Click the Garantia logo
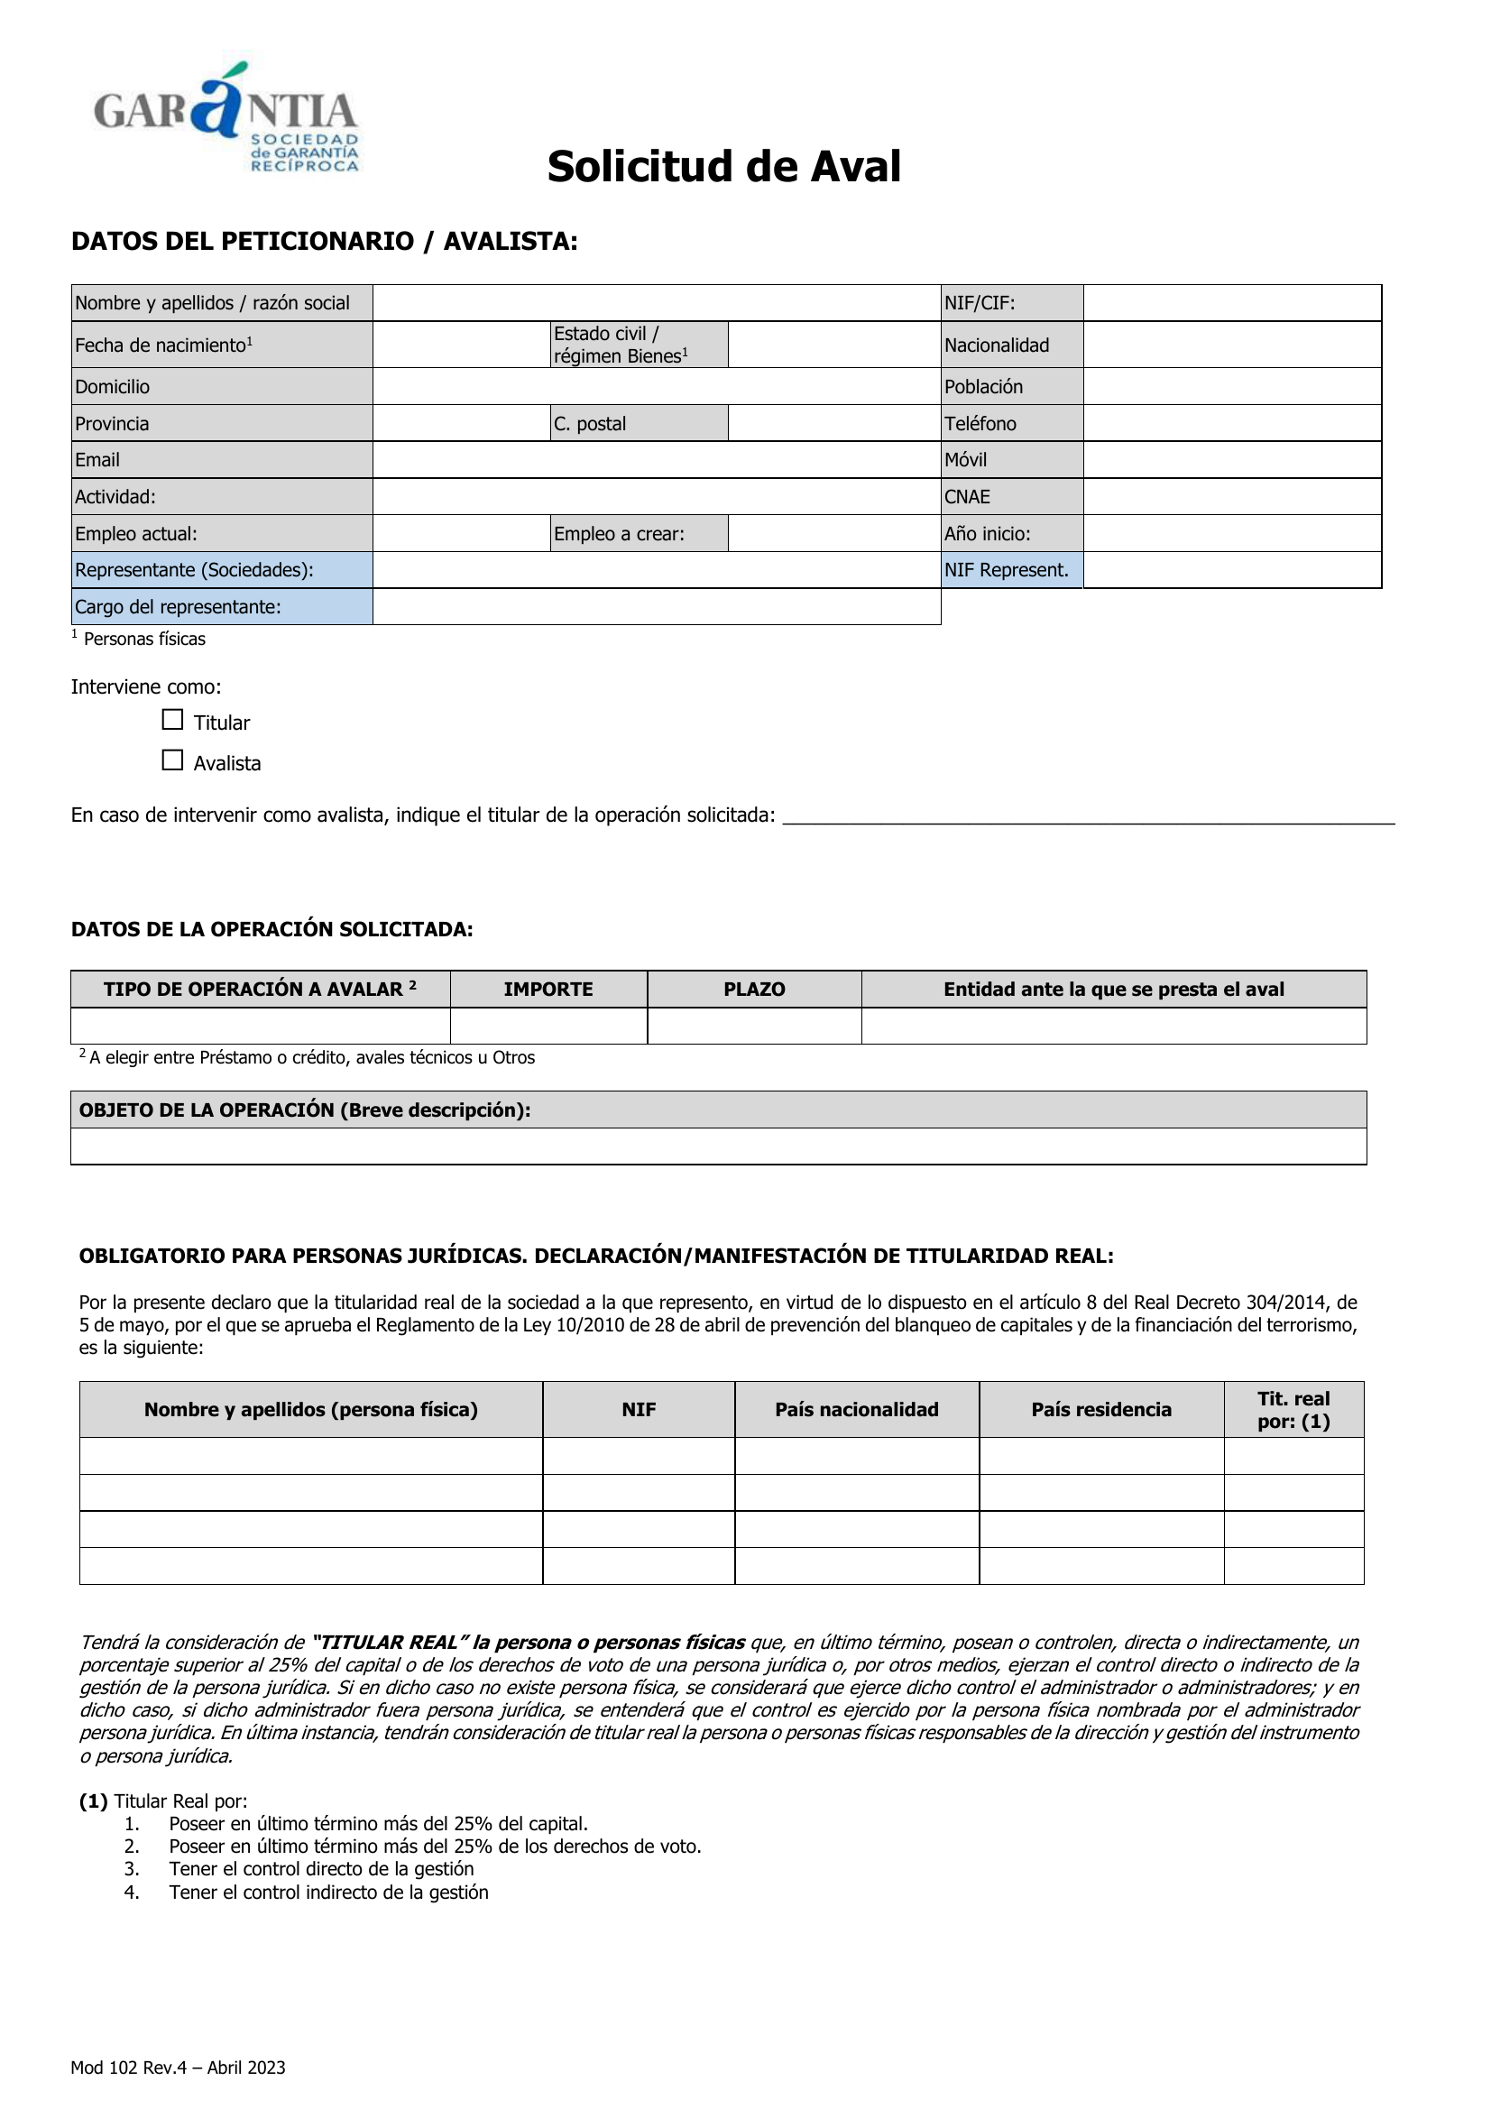tap(226, 118)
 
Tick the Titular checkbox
tap(172, 720)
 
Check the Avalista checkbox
tap(172, 760)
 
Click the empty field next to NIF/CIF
tap(1231, 303)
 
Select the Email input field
tap(656, 460)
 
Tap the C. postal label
tap(590, 423)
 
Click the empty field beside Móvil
tap(1231, 460)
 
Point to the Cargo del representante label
tap(179, 607)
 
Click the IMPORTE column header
tap(548, 990)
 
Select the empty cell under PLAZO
tap(754, 1026)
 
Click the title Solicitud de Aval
tap(724, 167)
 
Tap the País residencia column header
tap(1100, 1410)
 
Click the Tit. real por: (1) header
tap(1293, 1410)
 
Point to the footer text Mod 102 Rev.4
tap(179, 2067)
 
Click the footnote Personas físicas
tap(144, 640)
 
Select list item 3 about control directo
tap(321, 1868)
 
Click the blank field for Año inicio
tap(1231, 534)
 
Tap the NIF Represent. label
tap(1007, 570)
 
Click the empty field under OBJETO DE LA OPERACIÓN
tap(718, 1147)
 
